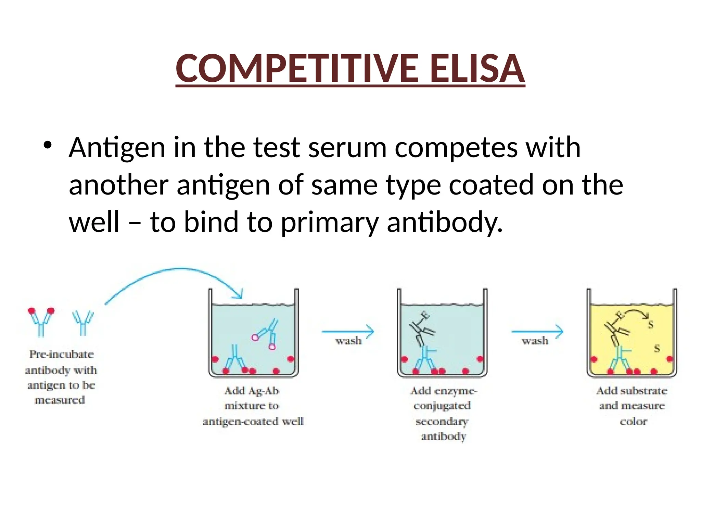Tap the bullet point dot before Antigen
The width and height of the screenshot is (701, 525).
pyautogui.click(x=48, y=145)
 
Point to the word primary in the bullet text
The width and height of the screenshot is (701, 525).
pyautogui.click(x=330, y=222)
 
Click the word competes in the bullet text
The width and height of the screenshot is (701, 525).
pyautogui.click(x=456, y=148)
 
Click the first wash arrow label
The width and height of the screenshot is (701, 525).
pyautogui.click(x=348, y=340)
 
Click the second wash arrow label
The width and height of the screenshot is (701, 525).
pyautogui.click(x=535, y=340)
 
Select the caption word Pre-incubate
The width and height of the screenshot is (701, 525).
pyautogui.click(x=61, y=354)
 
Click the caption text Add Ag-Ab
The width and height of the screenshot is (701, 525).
pyautogui.click(x=252, y=391)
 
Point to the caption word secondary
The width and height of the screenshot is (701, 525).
pyautogui.click(x=442, y=421)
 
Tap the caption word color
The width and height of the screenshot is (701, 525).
pyautogui.click(x=633, y=421)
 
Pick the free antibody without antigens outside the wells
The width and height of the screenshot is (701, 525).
pyautogui.click(x=83, y=323)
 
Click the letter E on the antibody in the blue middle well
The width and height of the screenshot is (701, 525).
pyautogui.click(x=424, y=315)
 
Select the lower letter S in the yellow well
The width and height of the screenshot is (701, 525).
pyautogui.click(x=657, y=349)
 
